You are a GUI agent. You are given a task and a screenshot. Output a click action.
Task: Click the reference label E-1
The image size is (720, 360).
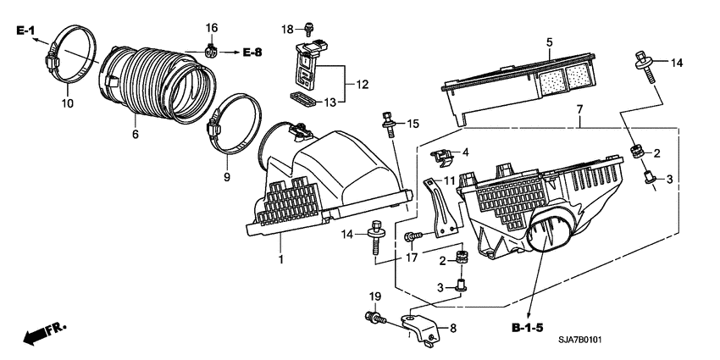click(x=25, y=31)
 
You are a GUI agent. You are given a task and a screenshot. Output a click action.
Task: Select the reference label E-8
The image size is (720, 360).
click(x=252, y=53)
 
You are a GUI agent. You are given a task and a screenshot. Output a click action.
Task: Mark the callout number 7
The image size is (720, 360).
click(x=579, y=110)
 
